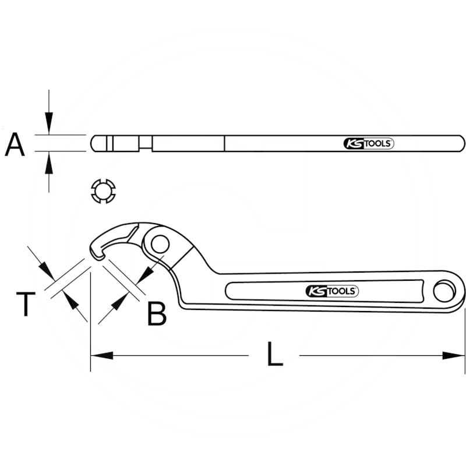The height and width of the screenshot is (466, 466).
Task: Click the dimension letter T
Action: tap(26, 305)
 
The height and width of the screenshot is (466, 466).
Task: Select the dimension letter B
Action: tap(156, 313)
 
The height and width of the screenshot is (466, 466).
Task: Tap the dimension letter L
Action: tap(274, 355)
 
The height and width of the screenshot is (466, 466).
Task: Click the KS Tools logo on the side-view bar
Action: tap(368, 144)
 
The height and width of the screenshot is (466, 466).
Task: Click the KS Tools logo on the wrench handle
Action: tap(332, 291)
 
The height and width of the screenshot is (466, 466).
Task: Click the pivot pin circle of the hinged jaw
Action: tap(158, 245)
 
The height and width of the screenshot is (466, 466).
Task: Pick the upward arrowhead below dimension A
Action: tap(49, 164)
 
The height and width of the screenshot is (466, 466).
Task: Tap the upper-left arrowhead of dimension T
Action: tap(44, 270)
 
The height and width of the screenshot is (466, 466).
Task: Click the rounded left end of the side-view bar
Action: tap(93, 143)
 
